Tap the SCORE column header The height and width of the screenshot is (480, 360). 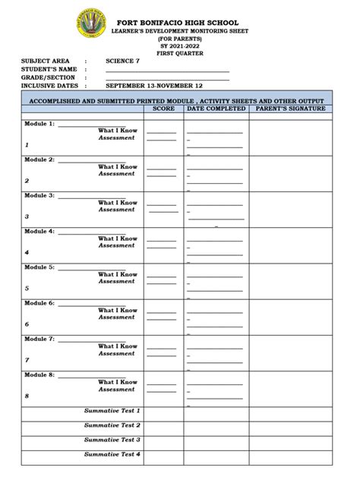point(163,109)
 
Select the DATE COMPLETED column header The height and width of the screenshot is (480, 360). point(216,109)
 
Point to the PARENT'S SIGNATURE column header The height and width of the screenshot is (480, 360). point(291,109)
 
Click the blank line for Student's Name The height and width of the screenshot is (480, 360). point(167,70)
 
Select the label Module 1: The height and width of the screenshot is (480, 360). point(39,123)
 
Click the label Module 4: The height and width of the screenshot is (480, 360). point(39,231)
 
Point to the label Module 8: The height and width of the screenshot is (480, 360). point(39,375)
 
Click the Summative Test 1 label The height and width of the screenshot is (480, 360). point(112,411)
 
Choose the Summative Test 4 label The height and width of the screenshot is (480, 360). point(112,454)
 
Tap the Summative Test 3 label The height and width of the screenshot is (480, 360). point(112,440)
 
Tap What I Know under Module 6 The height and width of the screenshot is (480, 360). point(117,311)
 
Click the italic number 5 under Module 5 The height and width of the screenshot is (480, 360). point(27,289)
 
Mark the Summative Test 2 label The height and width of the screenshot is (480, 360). point(112,425)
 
